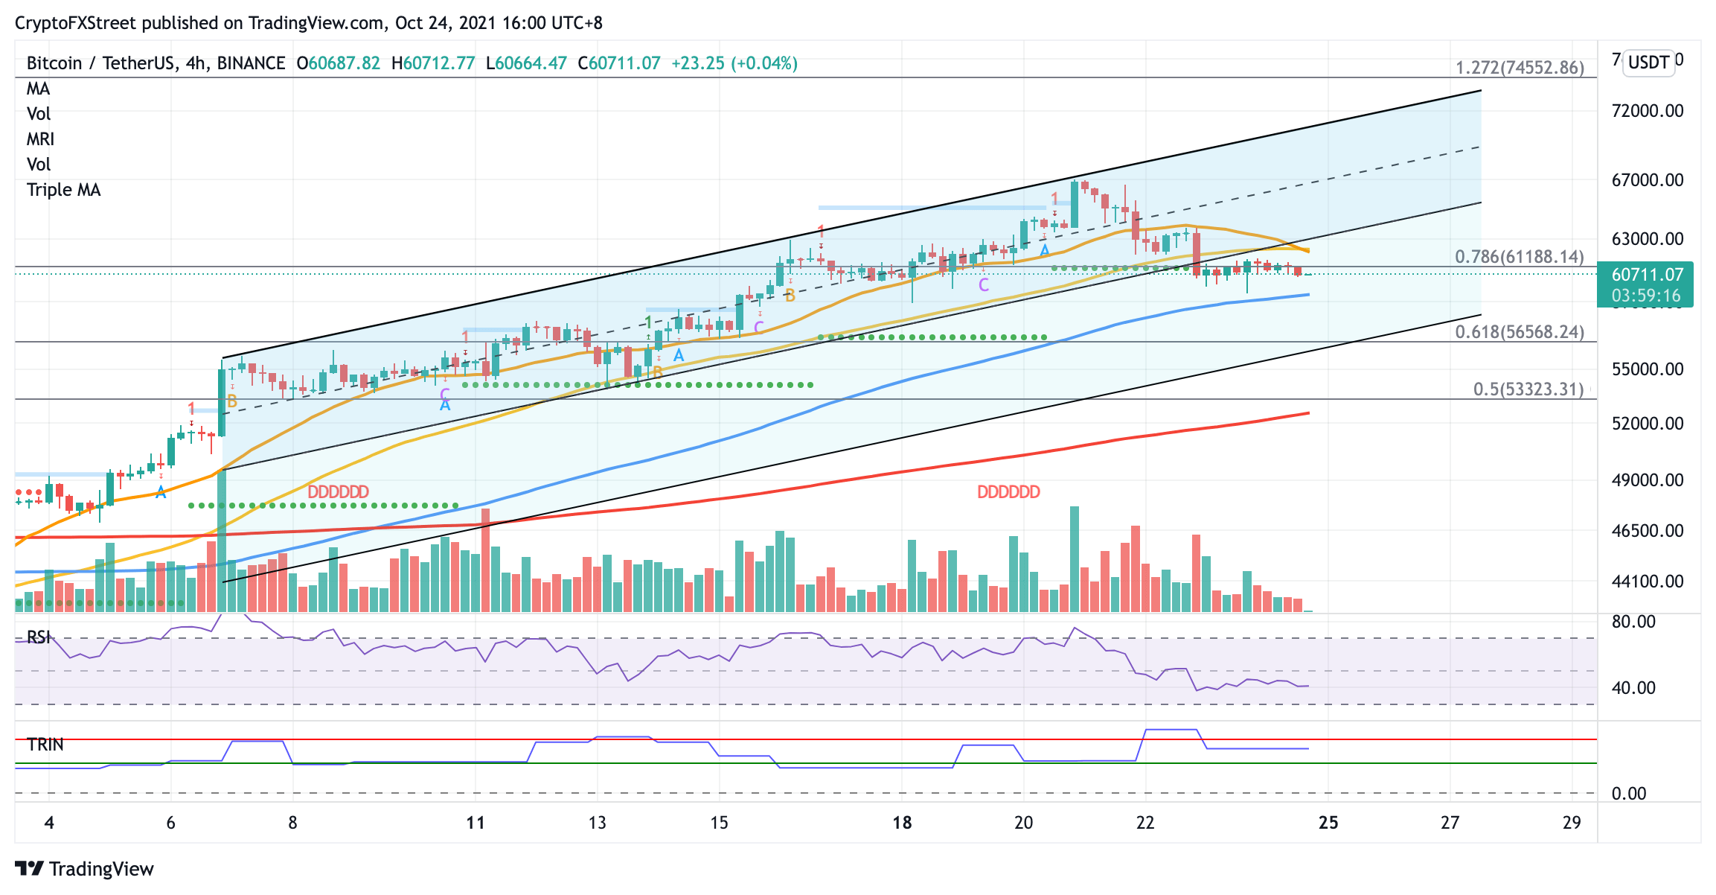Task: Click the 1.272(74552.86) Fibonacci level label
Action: [1520, 68]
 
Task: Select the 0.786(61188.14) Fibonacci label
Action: [1520, 257]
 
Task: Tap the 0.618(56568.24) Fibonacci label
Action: [1520, 332]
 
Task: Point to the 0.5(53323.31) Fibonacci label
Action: [1528, 389]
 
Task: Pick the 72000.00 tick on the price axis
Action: [1647, 111]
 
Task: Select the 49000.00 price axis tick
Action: [1647, 480]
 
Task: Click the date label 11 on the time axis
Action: [476, 823]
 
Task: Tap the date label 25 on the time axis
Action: [1328, 823]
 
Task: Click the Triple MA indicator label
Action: [63, 190]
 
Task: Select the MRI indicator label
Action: [40, 139]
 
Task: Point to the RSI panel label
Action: [39, 637]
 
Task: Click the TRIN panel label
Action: [45, 745]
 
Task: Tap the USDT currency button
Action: [1649, 62]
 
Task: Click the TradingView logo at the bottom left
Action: [84, 869]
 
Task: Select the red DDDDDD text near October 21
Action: [1008, 492]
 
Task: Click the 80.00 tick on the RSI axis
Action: [1633, 622]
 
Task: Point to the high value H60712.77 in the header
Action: [433, 63]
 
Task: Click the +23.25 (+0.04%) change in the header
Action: [734, 63]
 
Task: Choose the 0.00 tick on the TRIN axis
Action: [1628, 794]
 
